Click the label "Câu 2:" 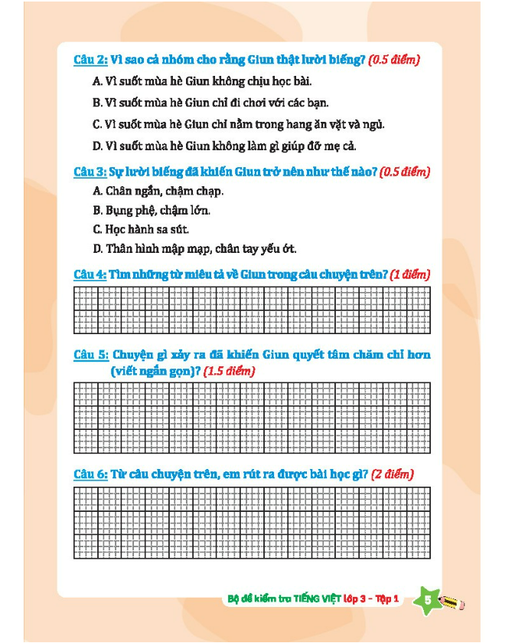pos(90,60)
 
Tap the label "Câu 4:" pos(90,274)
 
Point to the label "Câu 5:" pos(90,355)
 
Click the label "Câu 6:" pos(90,474)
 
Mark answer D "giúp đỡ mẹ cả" pos(224,146)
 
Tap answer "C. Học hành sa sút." pos(141,229)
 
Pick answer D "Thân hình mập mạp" pos(194,248)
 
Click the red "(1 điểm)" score pos(410,274)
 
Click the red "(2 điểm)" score pos(392,474)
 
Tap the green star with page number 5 pos(427,601)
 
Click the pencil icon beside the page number pos(453,602)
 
